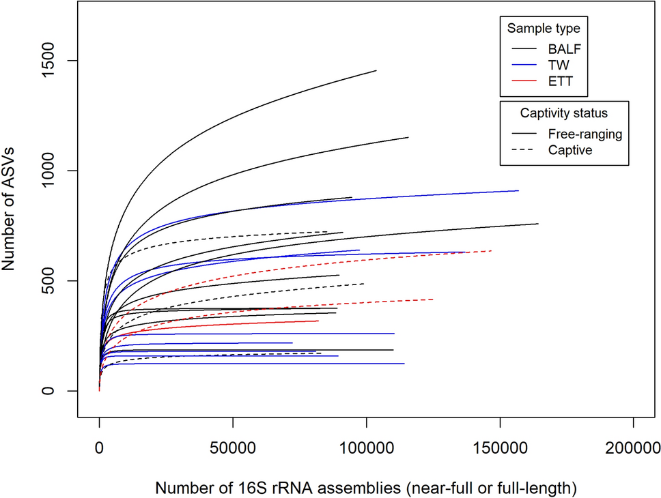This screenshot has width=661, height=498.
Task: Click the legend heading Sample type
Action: tap(544, 29)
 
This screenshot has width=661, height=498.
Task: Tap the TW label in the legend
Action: tap(558, 65)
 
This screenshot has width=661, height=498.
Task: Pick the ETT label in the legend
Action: tap(559, 81)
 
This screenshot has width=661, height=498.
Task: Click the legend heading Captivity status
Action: tap(563, 113)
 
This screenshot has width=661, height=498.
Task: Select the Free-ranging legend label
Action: tap(585, 134)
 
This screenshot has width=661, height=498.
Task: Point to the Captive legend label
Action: tap(570, 150)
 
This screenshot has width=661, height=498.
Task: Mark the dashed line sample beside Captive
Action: tap(523, 150)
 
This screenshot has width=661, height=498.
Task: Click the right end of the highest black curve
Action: tap(376, 71)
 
